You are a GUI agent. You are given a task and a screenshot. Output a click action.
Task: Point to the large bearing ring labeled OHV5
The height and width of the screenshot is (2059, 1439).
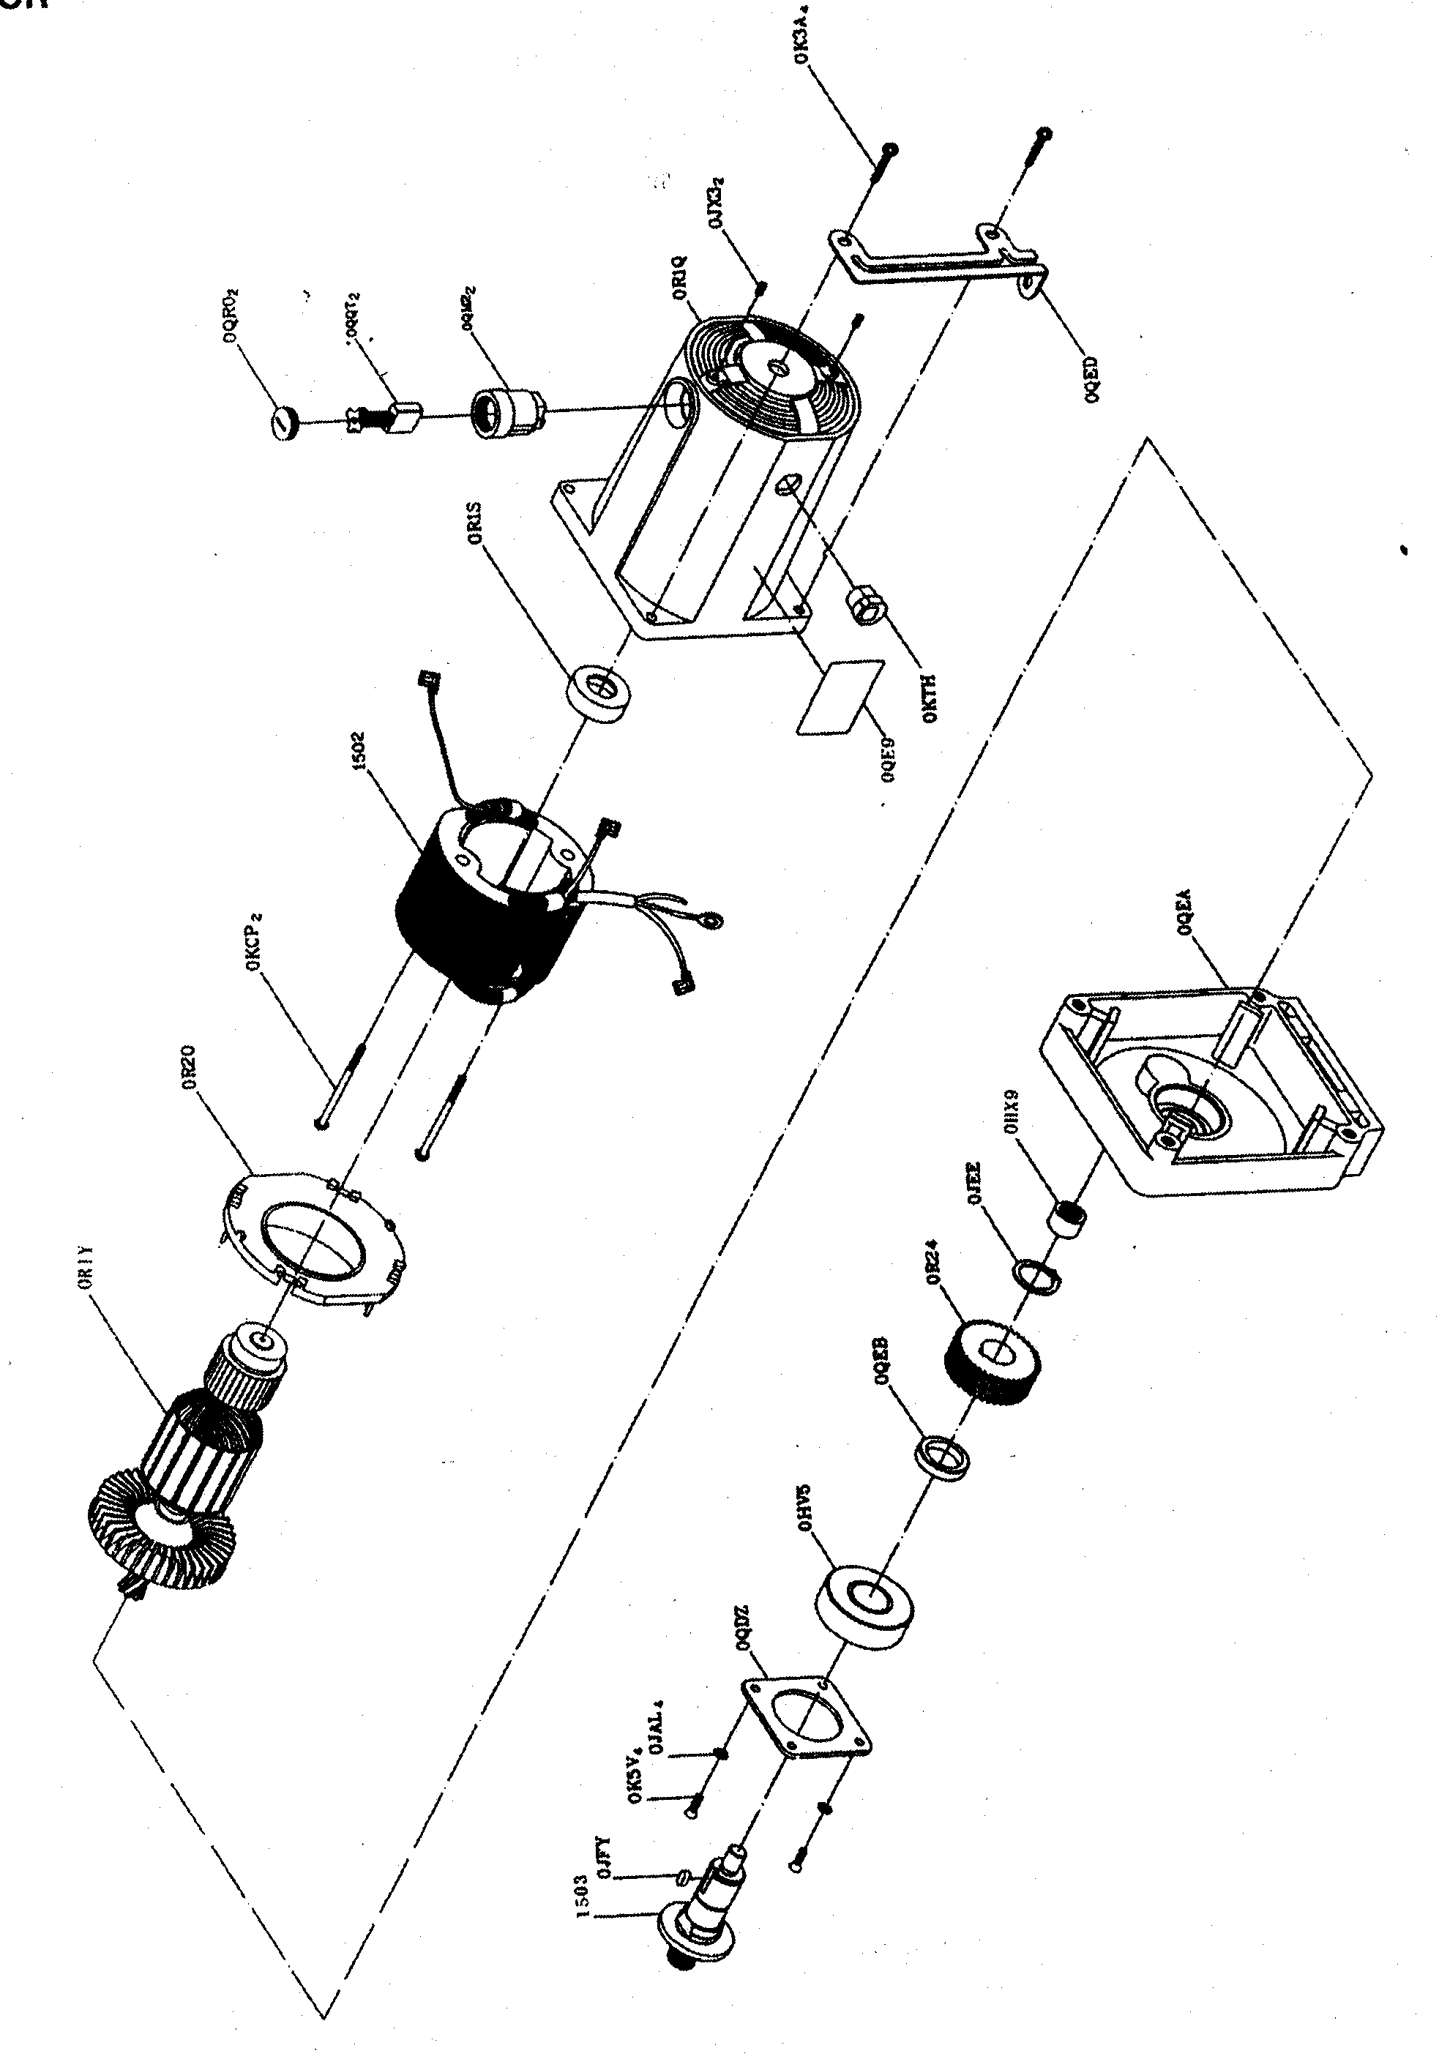coord(866,1605)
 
